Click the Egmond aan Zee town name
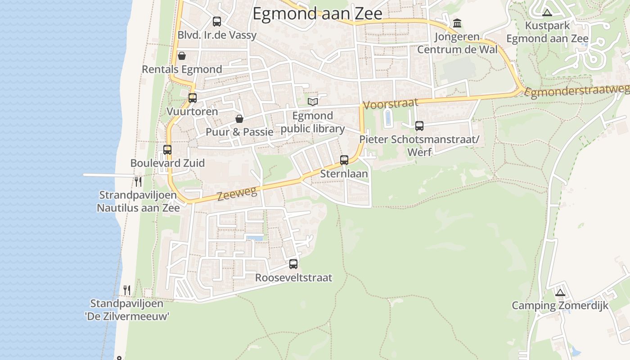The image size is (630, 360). (317, 13)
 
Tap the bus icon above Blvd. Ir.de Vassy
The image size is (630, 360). (217, 22)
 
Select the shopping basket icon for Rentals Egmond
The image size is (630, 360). (182, 56)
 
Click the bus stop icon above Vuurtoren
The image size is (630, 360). (193, 98)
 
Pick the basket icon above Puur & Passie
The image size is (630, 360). (239, 119)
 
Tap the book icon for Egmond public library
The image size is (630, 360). (313, 102)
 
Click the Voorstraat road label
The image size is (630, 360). (390, 104)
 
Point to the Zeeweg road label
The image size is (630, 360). (237, 194)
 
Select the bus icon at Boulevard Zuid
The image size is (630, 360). (167, 149)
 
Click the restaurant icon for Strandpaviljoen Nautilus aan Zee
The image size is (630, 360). (138, 182)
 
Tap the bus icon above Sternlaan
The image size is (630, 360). (344, 160)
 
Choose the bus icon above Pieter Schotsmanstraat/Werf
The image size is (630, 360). (419, 126)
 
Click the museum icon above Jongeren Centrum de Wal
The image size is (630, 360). (457, 23)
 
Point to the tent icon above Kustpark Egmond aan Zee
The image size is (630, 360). (547, 13)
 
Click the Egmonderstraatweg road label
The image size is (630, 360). (577, 91)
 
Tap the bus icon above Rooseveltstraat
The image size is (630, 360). (293, 264)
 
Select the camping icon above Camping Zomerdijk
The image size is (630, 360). (560, 293)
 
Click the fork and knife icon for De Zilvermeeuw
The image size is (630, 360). (127, 290)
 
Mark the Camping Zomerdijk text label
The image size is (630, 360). (560, 306)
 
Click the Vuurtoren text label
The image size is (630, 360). (192, 111)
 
